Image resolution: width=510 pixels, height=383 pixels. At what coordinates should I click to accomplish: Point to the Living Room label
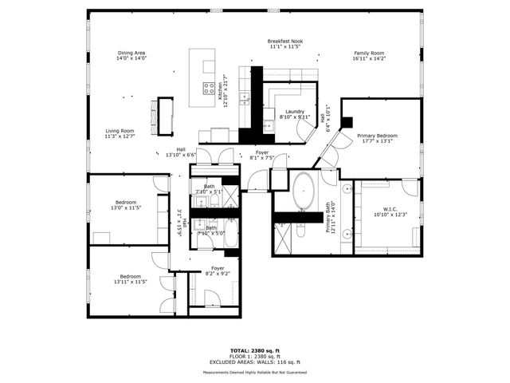point(120,133)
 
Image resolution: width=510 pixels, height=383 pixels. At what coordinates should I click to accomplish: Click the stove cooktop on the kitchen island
point(209,88)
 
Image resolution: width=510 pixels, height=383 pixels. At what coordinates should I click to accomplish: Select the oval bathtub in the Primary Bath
point(304,192)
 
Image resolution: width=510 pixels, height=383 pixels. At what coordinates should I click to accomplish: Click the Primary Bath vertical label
point(329,216)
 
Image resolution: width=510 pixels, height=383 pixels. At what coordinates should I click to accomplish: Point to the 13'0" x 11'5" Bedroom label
point(126,205)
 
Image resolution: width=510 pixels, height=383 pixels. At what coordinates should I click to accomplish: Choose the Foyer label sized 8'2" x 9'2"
point(218,271)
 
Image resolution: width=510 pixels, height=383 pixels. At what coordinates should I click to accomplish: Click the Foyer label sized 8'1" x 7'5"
point(262,155)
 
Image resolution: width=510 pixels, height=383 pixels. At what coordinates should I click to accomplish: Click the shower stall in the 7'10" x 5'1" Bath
point(230,195)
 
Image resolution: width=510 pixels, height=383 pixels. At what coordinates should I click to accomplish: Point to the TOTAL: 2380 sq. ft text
point(255,350)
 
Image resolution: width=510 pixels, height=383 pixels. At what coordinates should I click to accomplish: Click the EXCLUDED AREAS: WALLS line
point(255,363)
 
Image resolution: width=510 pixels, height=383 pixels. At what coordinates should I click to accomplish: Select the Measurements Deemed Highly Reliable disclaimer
point(255,372)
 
